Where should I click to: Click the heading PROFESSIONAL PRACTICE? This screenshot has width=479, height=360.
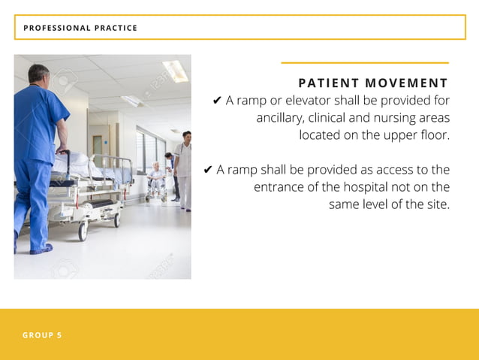coord(80,28)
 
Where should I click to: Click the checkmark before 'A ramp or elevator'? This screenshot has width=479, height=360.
coord(217,101)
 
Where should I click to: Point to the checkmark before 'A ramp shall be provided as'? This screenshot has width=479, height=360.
coord(208,171)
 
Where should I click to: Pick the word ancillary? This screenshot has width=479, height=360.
coord(279,118)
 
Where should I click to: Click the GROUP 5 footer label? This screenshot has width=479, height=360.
coord(42,335)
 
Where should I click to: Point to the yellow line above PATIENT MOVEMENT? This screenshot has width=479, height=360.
coord(364,63)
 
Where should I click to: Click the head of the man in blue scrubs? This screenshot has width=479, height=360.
coord(39,74)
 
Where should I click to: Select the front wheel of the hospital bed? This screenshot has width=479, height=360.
coord(83,232)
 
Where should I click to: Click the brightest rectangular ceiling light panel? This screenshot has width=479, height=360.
coord(174,71)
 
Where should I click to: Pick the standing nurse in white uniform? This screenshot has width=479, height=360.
coord(183,170)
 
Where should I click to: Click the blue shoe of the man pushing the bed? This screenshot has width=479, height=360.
coord(41,249)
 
